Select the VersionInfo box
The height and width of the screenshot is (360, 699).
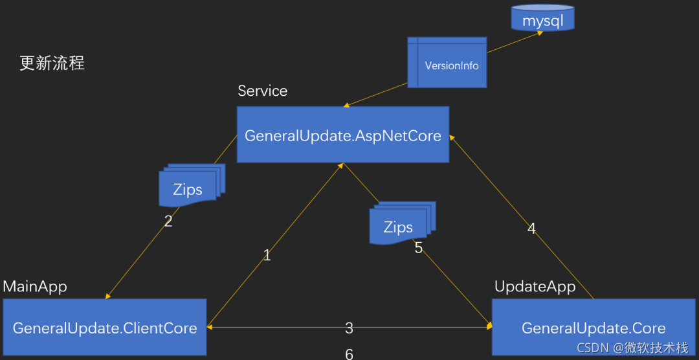point(447,63)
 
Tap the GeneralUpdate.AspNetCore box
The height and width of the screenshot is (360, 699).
point(342,135)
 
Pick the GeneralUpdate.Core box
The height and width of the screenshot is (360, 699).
point(594,327)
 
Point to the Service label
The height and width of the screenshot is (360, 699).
point(262,91)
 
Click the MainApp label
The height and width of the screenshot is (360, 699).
point(35,286)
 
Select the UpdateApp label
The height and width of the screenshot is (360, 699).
point(535,286)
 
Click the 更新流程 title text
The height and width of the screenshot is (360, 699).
point(52,63)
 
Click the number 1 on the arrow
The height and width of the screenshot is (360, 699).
point(267,256)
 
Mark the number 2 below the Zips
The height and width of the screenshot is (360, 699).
point(168,221)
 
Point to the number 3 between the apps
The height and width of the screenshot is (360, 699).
point(349,328)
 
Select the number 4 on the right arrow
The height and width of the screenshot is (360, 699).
point(531,228)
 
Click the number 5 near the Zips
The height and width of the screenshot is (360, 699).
point(418,248)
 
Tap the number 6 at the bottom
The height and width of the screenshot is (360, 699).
point(349,354)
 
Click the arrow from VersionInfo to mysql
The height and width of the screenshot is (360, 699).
point(515,42)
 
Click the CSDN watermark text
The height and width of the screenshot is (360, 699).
point(632,348)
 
